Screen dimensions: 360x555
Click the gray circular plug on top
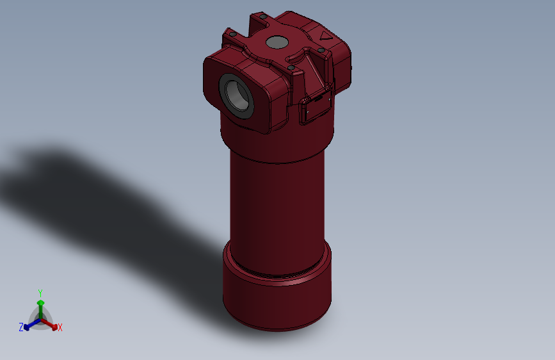(x=277, y=43)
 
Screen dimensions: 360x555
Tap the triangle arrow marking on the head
(x=325, y=37)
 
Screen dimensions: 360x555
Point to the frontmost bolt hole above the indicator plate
(x=291, y=67)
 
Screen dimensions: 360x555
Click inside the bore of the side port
(x=237, y=95)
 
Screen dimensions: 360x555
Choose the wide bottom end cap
(x=277, y=301)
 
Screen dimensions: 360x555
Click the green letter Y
(x=40, y=292)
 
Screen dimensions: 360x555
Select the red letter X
(x=60, y=328)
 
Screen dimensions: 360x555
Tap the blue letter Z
(x=21, y=327)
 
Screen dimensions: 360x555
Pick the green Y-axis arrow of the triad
(x=40, y=306)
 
